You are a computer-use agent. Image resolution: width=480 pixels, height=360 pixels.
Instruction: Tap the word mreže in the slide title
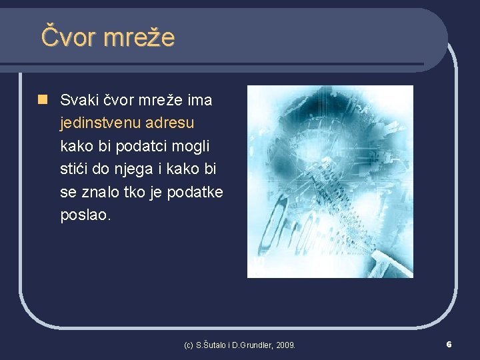tap(139, 37)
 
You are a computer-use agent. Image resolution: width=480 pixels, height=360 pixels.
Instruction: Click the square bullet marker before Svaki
tap(43, 100)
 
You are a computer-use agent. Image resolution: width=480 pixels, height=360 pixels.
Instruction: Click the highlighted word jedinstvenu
tap(101, 123)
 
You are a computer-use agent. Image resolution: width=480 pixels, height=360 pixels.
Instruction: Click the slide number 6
tap(449, 344)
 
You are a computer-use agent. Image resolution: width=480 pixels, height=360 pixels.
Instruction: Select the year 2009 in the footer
tap(285, 345)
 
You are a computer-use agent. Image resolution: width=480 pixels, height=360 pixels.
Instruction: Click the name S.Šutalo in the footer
tap(209, 345)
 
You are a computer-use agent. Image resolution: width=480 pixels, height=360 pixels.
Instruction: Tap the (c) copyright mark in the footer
tap(188, 345)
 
